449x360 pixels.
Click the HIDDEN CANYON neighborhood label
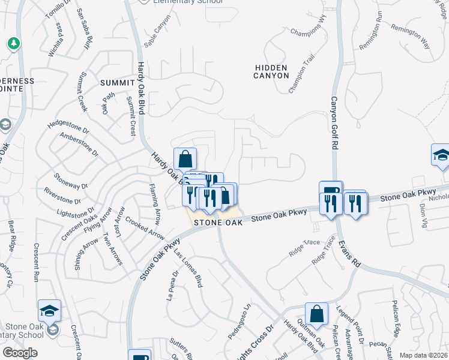tap(271, 71)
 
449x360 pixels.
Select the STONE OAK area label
tap(217, 222)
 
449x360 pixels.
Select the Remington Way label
tap(411, 37)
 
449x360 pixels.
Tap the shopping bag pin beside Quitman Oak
tap(316, 314)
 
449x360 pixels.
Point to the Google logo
tap(20, 352)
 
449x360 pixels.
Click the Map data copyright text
tap(424, 355)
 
